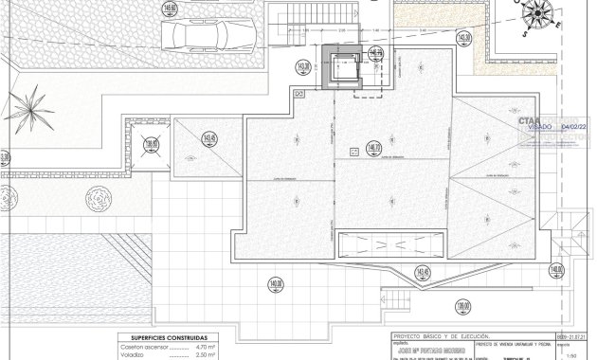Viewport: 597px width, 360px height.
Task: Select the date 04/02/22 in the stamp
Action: coord(576,124)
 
